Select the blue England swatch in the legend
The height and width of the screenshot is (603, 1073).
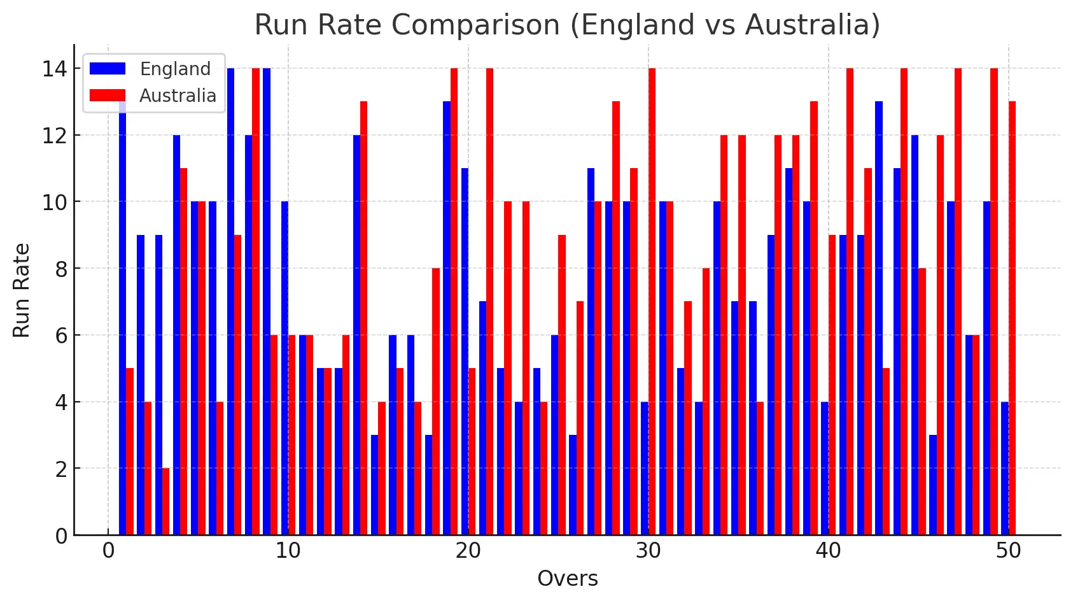pos(108,69)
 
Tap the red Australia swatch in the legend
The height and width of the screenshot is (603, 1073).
pos(108,96)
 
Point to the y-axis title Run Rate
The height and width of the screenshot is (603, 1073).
pos(22,290)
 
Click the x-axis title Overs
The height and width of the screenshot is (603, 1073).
pos(567,579)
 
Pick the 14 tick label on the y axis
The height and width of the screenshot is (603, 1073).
pos(55,69)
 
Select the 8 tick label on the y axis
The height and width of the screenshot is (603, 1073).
pos(61,269)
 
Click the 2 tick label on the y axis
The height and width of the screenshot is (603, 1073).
pos(61,469)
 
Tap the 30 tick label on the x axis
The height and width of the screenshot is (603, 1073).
pos(648,551)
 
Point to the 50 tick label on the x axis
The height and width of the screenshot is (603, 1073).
pos(1008,551)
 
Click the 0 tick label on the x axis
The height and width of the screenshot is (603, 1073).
pos(108,551)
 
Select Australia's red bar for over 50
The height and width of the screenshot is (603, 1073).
pos(1012,318)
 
